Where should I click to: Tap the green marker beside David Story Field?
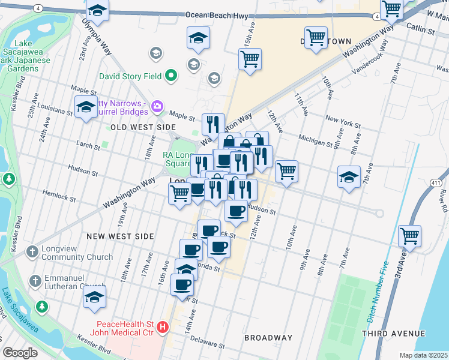tap(171, 76)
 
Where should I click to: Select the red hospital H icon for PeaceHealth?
tap(162, 328)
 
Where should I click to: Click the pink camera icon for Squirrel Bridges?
tap(157, 107)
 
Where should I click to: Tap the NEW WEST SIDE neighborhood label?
tap(120, 236)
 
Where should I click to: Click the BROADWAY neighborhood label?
tap(268, 338)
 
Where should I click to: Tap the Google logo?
tap(20, 353)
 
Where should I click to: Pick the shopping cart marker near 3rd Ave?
tap(410, 236)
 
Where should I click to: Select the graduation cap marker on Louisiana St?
tap(86, 107)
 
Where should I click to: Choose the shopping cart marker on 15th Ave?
tap(250, 59)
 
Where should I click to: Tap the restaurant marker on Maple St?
tap(213, 124)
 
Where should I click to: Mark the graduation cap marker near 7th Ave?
tap(349, 177)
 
